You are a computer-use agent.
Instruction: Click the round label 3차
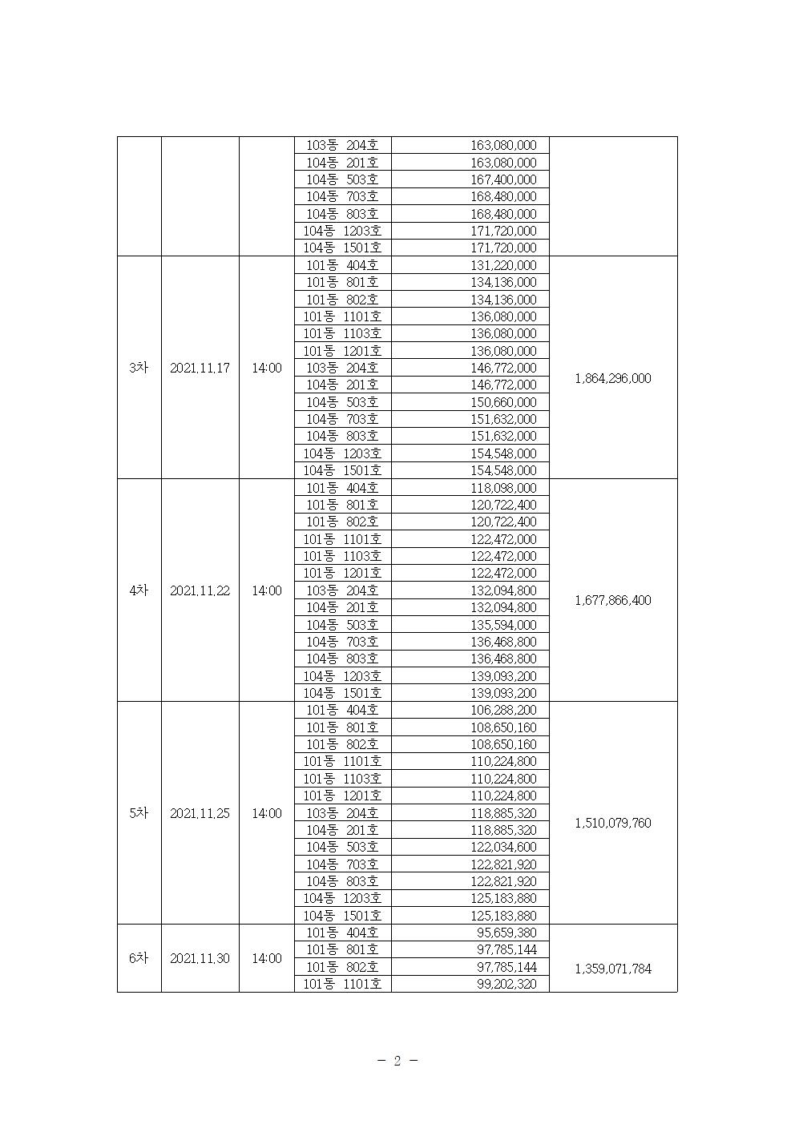click(x=139, y=368)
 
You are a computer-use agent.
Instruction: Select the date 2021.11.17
click(x=200, y=368)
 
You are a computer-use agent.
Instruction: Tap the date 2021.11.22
click(x=200, y=590)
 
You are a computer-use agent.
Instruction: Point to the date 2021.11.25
click(x=200, y=813)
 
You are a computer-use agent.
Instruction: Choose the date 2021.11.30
click(x=200, y=958)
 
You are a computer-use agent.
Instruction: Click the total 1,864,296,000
click(x=613, y=378)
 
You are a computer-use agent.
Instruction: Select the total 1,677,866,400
click(x=613, y=600)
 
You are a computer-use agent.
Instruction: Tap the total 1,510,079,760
click(x=613, y=823)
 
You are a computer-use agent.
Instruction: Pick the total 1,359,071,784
click(x=613, y=969)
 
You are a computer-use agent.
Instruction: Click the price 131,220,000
click(x=503, y=265)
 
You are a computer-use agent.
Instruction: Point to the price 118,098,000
click(x=503, y=488)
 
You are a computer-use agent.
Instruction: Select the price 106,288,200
click(x=503, y=710)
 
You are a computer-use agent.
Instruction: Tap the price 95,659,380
click(x=506, y=933)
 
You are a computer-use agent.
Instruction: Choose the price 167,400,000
click(x=503, y=179)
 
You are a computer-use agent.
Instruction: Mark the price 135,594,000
click(x=503, y=625)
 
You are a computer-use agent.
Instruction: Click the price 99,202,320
click(x=506, y=984)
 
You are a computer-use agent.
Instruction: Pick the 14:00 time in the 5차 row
click(x=267, y=813)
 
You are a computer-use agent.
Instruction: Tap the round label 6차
click(x=139, y=958)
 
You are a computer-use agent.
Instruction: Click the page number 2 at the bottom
click(x=397, y=1061)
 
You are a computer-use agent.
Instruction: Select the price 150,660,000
click(x=503, y=402)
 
